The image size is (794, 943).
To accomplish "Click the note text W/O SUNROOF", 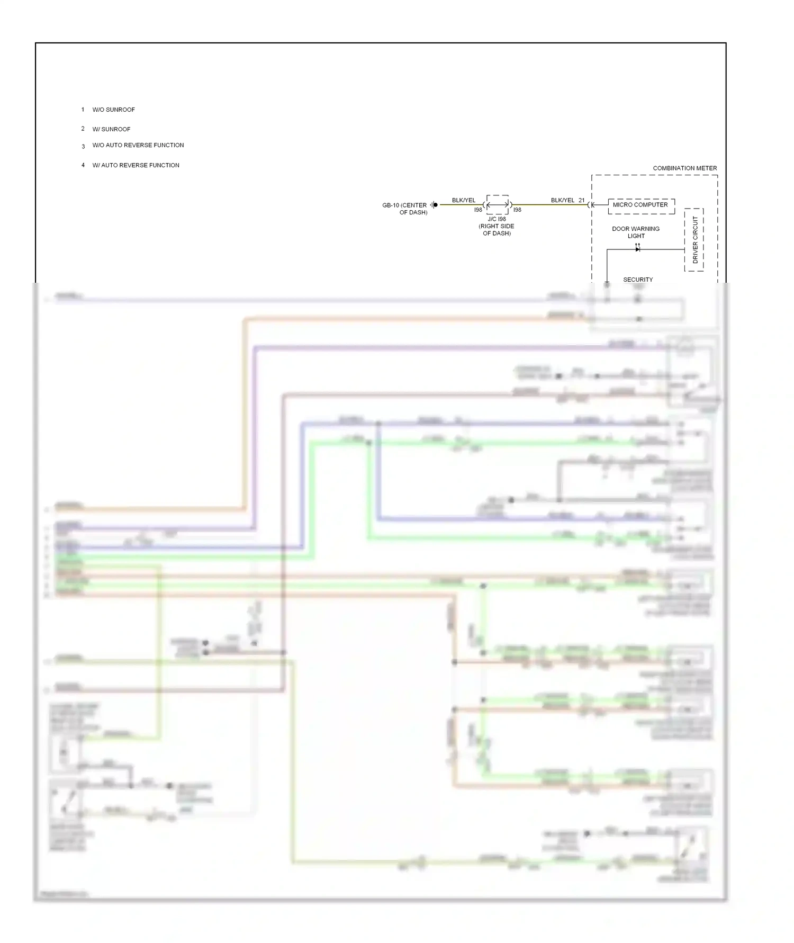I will (113, 110).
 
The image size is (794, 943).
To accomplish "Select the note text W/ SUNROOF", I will (111, 129).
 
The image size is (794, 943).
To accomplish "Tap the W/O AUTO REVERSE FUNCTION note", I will (138, 145).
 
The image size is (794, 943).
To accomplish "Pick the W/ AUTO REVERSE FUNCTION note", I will (136, 165).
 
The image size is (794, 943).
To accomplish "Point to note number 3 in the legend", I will (83, 146).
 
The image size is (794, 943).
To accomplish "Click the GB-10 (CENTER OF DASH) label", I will (405, 209).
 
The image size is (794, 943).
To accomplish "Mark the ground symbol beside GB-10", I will (434, 205).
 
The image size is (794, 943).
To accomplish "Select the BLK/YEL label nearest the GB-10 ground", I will (464, 200).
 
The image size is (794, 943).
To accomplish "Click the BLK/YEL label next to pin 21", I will (562, 200).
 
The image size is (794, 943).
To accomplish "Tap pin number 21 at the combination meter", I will (582, 200).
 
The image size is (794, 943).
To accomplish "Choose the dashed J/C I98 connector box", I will (498, 204).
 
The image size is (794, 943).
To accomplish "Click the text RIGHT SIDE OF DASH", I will (497, 229).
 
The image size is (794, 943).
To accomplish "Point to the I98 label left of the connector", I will (478, 210).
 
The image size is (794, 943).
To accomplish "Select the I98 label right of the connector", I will (517, 210).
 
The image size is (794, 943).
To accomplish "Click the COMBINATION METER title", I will (684, 168).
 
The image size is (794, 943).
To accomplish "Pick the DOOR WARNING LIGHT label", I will (636, 232).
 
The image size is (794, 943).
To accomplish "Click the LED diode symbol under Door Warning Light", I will (637, 249).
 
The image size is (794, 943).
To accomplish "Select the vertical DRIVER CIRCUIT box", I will (694, 240).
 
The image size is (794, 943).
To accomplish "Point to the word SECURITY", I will (638, 280).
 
